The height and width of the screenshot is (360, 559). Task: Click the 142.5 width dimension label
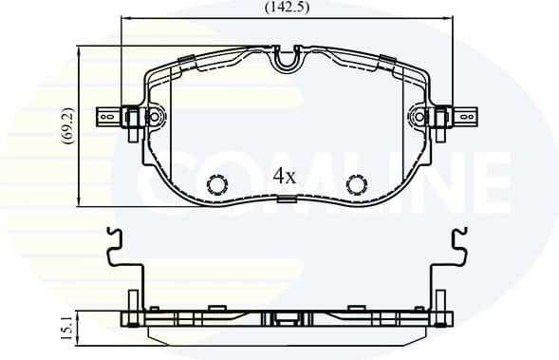288,8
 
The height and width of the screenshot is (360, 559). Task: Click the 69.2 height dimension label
68,125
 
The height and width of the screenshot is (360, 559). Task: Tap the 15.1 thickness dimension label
67,328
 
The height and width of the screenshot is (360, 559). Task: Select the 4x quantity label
285,176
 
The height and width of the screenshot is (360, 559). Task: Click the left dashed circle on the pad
217,184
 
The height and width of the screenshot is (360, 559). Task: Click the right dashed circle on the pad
357,184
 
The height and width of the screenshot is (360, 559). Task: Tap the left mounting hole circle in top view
155,117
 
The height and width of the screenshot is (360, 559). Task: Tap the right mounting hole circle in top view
420,117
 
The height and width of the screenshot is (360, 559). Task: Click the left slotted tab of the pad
109,117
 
